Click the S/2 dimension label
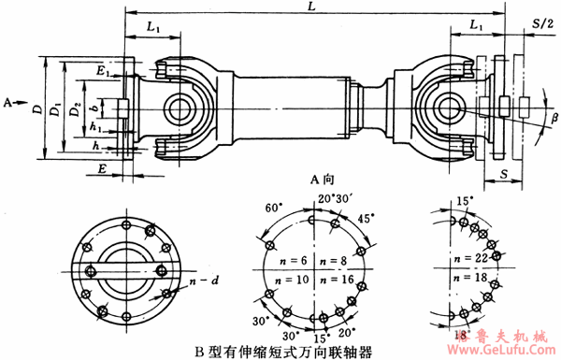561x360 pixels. click(x=539, y=20)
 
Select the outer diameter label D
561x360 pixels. click(x=35, y=111)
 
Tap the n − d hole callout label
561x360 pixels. click(x=200, y=279)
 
